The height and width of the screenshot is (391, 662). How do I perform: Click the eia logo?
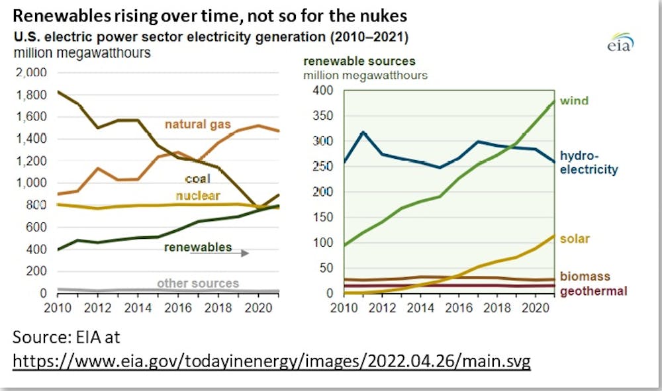click(620, 43)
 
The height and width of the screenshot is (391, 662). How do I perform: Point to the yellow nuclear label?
click(197, 195)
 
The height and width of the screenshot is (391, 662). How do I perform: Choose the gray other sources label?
click(197, 283)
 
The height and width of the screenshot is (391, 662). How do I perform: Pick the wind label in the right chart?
click(574, 101)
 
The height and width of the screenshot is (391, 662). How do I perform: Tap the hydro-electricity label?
click(589, 163)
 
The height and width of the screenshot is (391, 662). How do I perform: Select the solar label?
click(575, 238)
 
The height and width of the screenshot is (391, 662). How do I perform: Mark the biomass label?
click(585, 276)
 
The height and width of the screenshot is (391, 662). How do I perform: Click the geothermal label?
click(593, 291)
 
